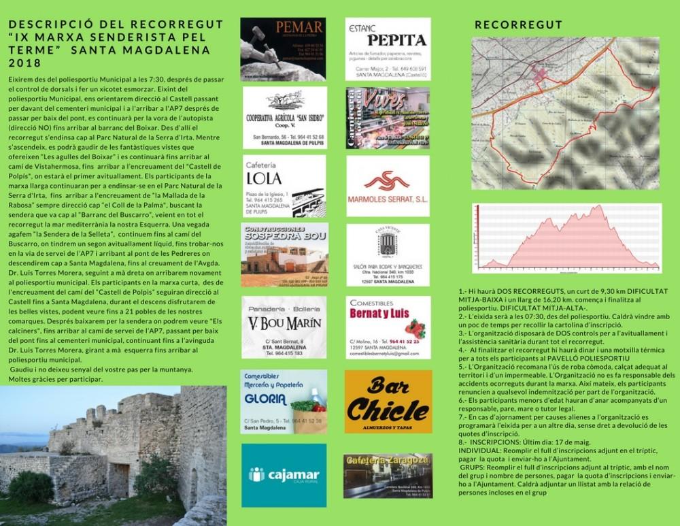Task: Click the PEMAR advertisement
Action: [283, 50]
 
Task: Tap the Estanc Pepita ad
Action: [388, 49]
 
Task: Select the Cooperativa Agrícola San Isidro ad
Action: [284, 117]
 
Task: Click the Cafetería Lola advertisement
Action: [284, 186]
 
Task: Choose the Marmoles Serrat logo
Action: [388, 186]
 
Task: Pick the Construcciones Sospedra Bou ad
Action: [284, 254]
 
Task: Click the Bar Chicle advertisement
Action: [388, 401]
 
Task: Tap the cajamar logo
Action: [284, 474]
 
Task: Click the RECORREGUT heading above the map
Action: [518, 26]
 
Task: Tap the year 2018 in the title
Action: [25, 63]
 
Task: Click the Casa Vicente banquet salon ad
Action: [388, 254]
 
